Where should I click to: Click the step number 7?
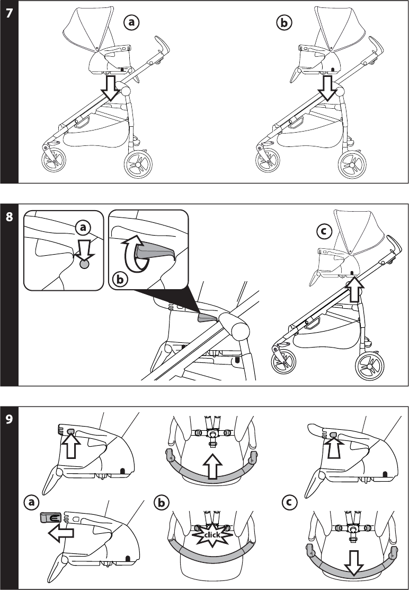click(x=9, y=14)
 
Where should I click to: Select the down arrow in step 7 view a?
click(x=111, y=87)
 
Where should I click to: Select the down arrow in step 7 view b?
click(x=329, y=87)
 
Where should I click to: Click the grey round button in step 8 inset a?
click(x=84, y=263)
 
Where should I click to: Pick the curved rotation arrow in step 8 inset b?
click(x=130, y=255)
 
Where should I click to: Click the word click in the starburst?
click(x=211, y=534)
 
